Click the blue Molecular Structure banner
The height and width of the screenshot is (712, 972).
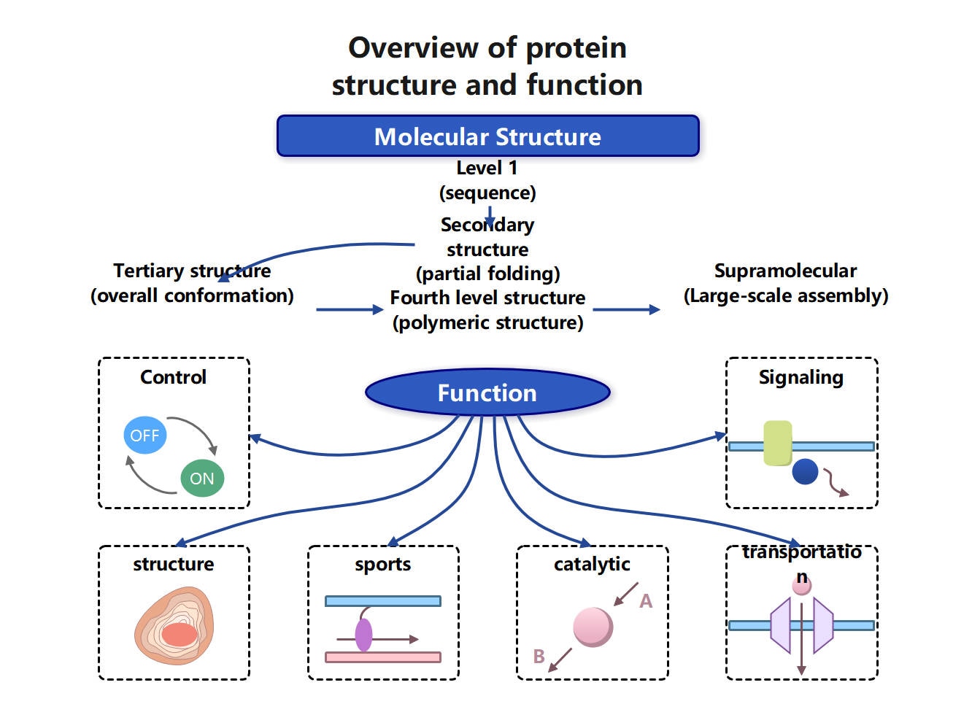tap(487, 136)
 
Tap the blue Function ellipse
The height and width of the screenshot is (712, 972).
tap(487, 393)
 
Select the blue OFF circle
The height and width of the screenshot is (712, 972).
tap(144, 436)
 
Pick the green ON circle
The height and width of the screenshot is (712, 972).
tap(202, 479)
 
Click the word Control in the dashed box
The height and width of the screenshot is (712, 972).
tap(173, 377)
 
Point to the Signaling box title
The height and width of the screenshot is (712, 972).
tap(801, 377)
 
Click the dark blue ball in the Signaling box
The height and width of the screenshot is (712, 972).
tap(805, 472)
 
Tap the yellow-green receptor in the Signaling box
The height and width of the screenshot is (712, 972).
tap(777, 443)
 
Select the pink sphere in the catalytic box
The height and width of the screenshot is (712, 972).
tap(593, 627)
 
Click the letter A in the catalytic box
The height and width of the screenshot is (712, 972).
tap(646, 601)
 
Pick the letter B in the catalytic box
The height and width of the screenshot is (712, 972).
tap(539, 657)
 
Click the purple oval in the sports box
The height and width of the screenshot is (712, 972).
tap(363, 635)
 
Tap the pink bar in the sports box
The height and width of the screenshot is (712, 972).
tap(382, 657)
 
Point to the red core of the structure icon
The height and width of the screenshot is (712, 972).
tap(179, 634)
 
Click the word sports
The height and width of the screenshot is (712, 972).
tap(382, 565)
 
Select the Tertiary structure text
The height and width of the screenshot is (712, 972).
tap(192, 271)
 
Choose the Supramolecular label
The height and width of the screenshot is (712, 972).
tap(785, 271)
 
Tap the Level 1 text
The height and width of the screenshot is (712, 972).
tap(487, 168)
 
